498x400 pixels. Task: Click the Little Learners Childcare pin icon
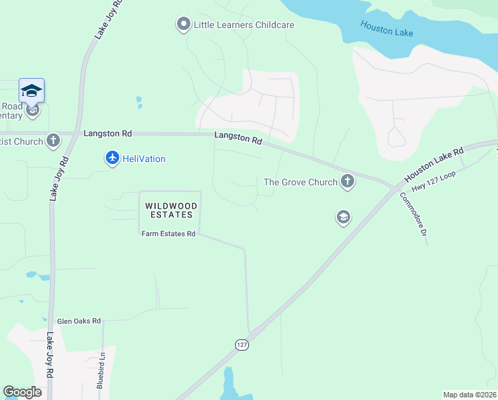click(183, 25)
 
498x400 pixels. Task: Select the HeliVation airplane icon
click(112, 158)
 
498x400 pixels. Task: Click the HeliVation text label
click(144, 159)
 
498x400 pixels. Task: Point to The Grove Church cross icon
click(347, 181)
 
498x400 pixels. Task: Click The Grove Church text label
click(301, 181)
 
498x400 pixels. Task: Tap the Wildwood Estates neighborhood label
click(169, 210)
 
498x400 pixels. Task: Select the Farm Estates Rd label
click(169, 234)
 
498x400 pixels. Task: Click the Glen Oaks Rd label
click(79, 321)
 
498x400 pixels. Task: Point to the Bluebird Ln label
click(101, 375)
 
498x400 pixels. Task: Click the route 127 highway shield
click(241, 344)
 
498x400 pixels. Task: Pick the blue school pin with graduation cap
click(31, 91)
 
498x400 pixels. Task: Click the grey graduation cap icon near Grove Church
click(344, 217)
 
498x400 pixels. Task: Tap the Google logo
click(22, 392)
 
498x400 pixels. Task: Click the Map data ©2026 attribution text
click(469, 395)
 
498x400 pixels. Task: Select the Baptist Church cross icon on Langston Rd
click(53, 141)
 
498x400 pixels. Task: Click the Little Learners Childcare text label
click(244, 25)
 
